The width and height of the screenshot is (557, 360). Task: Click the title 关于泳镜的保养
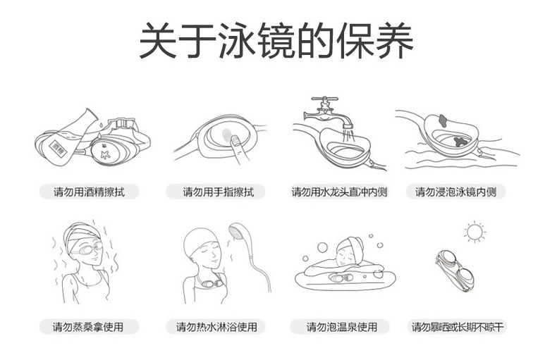click(x=276, y=40)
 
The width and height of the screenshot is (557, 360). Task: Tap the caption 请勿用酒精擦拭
click(x=89, y=192)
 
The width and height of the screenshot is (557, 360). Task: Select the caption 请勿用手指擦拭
click(x=219, y=192)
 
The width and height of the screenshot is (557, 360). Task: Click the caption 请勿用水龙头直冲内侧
click(x=339, y=192)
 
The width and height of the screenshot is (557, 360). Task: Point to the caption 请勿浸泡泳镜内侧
click(x=455, y=192)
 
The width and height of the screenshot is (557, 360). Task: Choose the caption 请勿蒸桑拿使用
click(x=88, y=327)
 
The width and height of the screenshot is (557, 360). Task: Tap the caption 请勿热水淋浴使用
click(x=216, y=327)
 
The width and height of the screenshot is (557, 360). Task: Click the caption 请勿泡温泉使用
click(x=342, y=327)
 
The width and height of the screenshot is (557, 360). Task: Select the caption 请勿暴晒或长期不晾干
click(x=458, y=327)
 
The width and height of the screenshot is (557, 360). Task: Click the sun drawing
click(x=475, y=232)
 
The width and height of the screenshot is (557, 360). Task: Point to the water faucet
click(x=327, y=112)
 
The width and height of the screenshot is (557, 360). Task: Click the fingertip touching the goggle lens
click(x=234, y=140)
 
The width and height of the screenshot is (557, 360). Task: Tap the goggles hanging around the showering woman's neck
click(x=209, y=282)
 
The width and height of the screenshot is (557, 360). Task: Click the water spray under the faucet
click(x=347, y=137)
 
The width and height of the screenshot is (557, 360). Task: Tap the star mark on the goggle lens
click(x=105, y=155)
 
